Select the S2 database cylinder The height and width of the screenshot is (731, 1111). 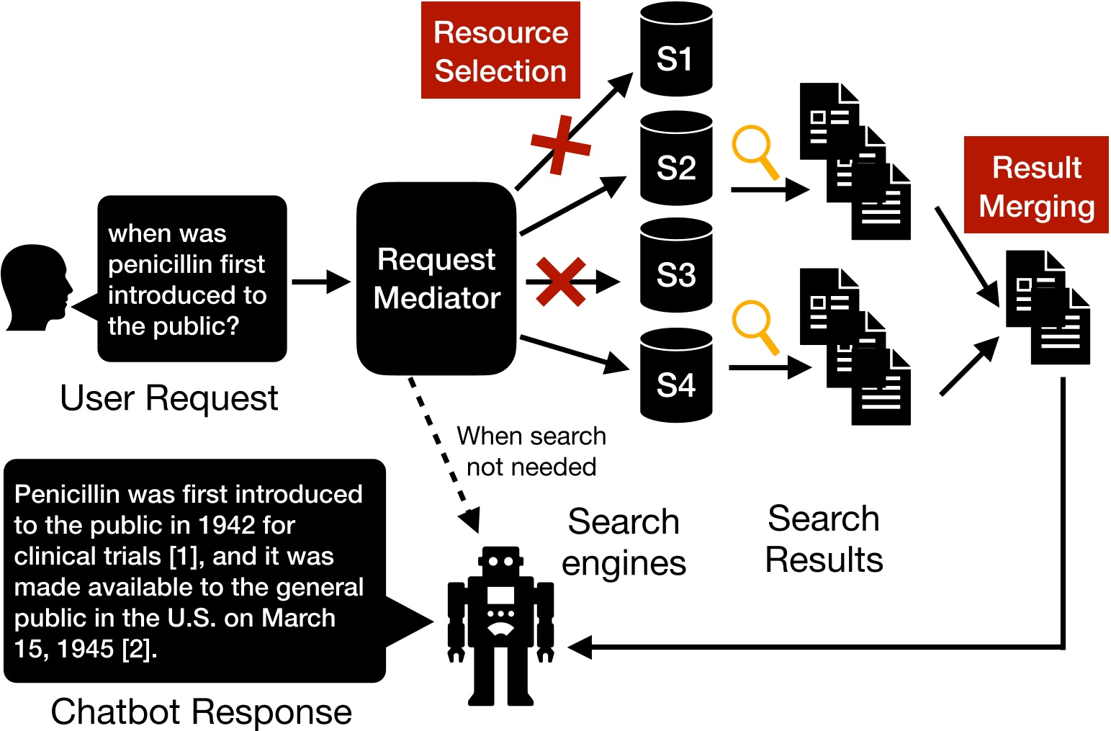[x=675, y=159]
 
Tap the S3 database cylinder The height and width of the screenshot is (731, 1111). [x=675, y=266]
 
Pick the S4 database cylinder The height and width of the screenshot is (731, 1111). [x=675, y=376]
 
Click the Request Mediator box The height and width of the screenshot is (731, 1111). [x=436, y=279]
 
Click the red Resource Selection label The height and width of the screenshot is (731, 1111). [x=500, y=51]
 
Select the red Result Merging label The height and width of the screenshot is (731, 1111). [x=1036, y=186]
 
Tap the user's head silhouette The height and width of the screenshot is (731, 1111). [x=35, y=288]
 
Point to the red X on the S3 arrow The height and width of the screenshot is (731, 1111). [x=561, y=282]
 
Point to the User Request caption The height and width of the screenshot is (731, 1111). [x=168, y=398]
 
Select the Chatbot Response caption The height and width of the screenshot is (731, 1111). [x=201, y=712]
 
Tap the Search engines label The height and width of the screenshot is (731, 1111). [x=624, y=542]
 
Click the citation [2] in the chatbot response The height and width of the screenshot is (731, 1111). [x=138, y=650]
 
